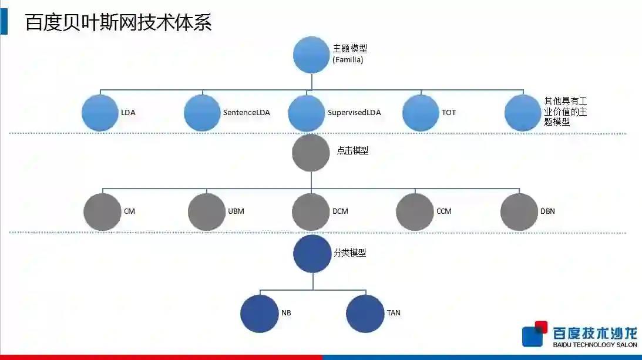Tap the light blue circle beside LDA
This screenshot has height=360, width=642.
pyautogui.click(x=100, y=112)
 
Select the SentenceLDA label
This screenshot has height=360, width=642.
pyautogui.click(x=246, y=112)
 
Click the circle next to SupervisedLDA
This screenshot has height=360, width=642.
pyautogui.click(x=307, y=112)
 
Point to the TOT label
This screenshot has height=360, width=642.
pyautogui.click(x=448, y=112)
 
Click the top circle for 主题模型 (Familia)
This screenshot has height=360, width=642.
pyautogui.click(x=311, y=55)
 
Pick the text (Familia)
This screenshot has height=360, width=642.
pyautogui.click(x=348, y=59)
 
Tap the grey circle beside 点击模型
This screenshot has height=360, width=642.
pyautogui.click(x=311, y=153)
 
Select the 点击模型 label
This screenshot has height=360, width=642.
pyautogui.click(x=352, y=150)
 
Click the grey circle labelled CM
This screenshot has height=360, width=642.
pyautogui.click(x=102, y=211)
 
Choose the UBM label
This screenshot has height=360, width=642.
pyautogui.click(x=236, y=211)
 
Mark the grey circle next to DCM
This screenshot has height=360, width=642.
pyautogui.click(x=311, y=211)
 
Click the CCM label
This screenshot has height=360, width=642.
pyautogui.click(x=444, y=211)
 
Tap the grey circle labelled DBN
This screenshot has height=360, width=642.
pyautogui.click(x=519, y=211)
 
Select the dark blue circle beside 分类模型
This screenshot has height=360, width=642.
pyautogui.click(x=312, y=254)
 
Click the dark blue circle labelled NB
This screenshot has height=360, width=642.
pyautogui.click(x=260, y=314)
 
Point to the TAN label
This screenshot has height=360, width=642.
pyautogui.click(x=394, y=312)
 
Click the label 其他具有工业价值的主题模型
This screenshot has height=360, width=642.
pyautogui.click(x=566, y=112)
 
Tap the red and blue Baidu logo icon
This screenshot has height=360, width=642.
pyautogui.click(x=535, y=334)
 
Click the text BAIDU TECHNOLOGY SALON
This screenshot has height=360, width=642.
pyautogui.click(x=595, y=345)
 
